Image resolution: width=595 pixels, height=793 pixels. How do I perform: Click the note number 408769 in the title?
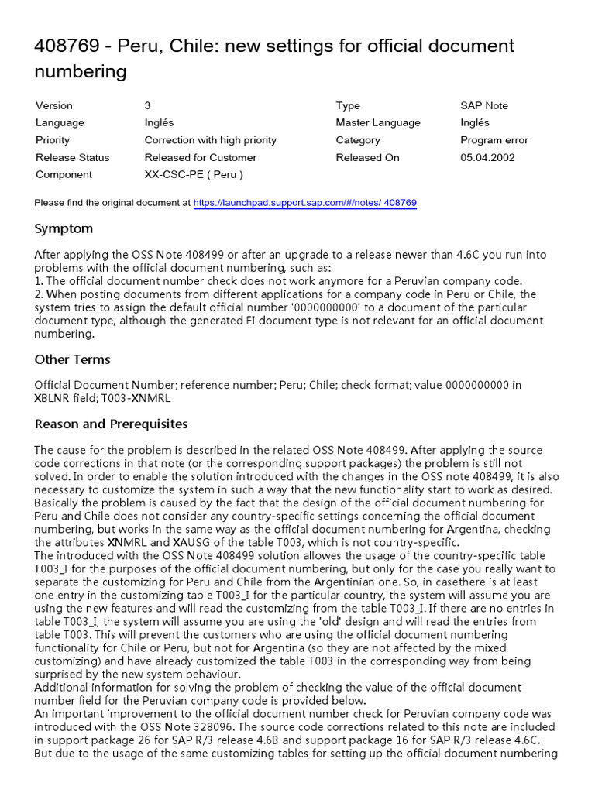coord(67,46)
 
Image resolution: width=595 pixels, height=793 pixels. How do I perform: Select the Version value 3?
coord(147,105)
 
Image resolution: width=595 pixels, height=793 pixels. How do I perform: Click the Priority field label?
coord(53,140)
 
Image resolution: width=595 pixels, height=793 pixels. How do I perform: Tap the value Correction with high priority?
coord(210,140)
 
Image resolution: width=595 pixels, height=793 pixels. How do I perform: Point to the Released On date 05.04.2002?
coord(487,157)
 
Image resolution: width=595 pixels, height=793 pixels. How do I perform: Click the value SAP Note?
coord(484,105)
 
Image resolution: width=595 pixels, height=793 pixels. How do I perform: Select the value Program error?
coord(494,140)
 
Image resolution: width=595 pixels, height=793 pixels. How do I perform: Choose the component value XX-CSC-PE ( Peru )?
coord(194,174)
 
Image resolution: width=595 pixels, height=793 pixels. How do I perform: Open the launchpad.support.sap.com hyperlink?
coord(304,203)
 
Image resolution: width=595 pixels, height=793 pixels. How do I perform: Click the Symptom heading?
coord(64,228)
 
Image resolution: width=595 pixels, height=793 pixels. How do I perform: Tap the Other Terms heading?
coord(73,359)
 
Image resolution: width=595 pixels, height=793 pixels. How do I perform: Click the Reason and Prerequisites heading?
coord(112,424)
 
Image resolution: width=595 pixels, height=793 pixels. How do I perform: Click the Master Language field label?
coord(378,122)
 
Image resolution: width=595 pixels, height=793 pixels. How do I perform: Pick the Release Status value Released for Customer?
coord(201,157)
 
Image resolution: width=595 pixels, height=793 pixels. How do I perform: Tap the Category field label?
coord(358,140)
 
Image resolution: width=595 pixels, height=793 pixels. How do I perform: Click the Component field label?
coord(64,174)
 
